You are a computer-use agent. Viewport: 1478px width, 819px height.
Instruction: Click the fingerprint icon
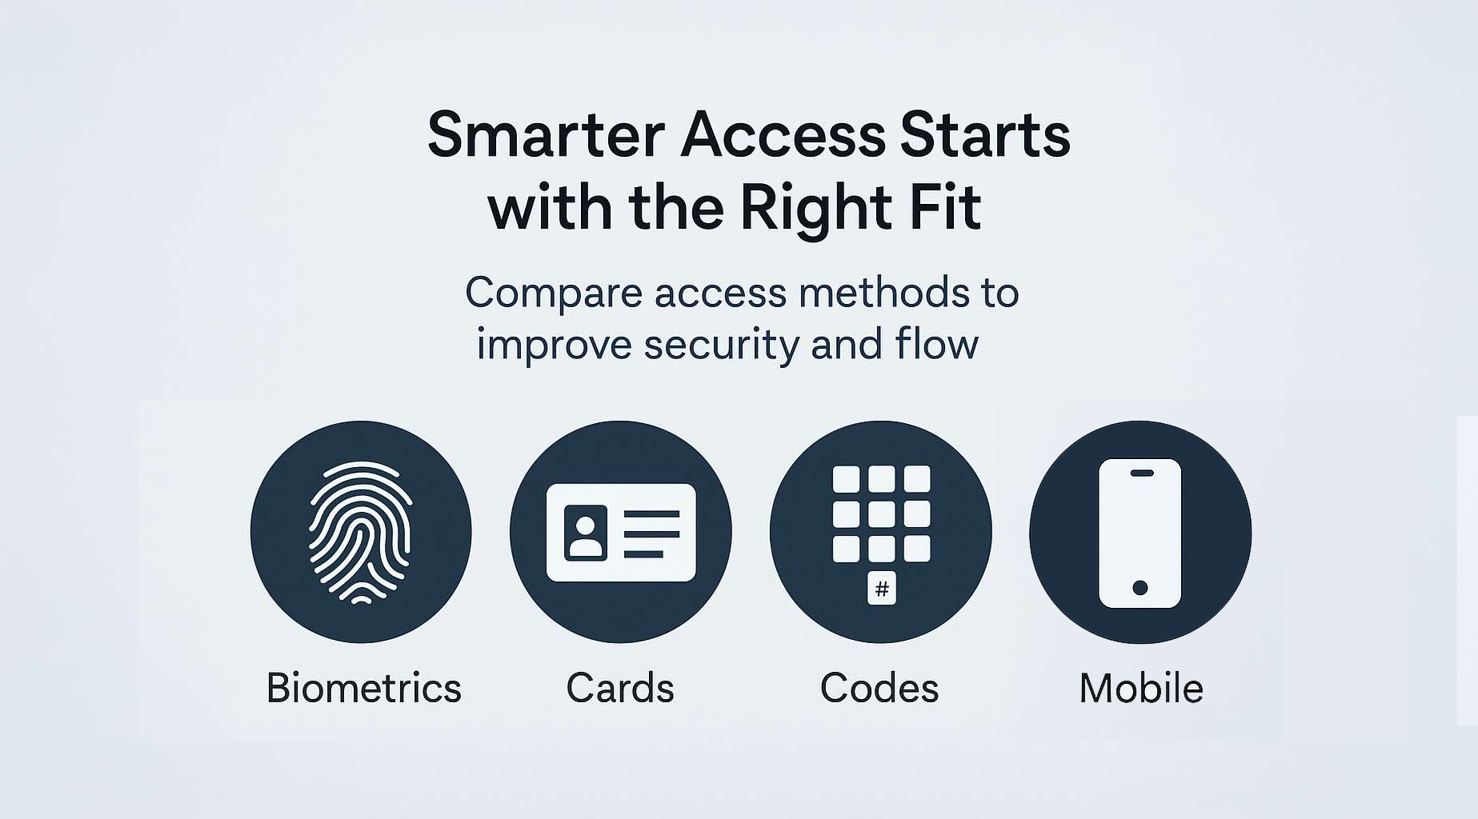pos(361,532)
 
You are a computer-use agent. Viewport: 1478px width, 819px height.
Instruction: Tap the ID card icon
pos(620,532)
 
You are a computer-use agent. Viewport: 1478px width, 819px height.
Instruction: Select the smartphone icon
pos(1140,533)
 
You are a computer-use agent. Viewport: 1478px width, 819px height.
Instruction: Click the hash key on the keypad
pos(881,589)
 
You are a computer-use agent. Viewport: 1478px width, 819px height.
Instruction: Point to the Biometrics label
pos(363,688)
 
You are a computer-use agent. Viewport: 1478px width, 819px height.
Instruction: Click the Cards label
pos(619,688)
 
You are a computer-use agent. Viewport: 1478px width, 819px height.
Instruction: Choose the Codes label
pos(879,688)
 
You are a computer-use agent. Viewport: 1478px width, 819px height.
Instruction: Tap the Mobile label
pos(1140,688)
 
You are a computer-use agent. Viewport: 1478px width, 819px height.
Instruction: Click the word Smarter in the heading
pos(546,135)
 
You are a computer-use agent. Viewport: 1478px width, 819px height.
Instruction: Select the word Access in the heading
pos(783,135)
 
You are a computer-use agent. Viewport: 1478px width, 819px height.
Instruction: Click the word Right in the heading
pos(815,208)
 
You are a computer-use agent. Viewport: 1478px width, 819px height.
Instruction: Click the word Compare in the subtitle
pos(554,294)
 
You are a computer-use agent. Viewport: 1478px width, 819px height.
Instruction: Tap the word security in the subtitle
pos(720,346)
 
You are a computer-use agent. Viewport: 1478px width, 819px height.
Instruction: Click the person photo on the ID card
pos(585,533)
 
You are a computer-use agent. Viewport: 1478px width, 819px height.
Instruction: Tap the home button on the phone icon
pos(1140,588)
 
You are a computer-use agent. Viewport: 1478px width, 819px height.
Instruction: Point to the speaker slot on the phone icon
pos(1141,473)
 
